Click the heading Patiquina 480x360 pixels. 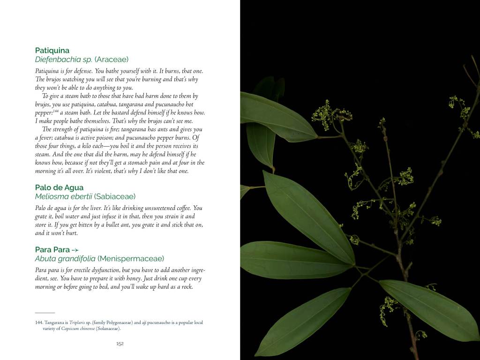(x=52, y=50)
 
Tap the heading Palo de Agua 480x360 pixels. (x=59, y=187)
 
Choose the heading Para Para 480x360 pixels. (x=52, y=249)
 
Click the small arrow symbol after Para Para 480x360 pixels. (x=75, y=250)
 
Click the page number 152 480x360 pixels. (x=120, y=344)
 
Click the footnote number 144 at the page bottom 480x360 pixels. (x=39, y=322)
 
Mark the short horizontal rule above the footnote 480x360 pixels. (x=45, y=313)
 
